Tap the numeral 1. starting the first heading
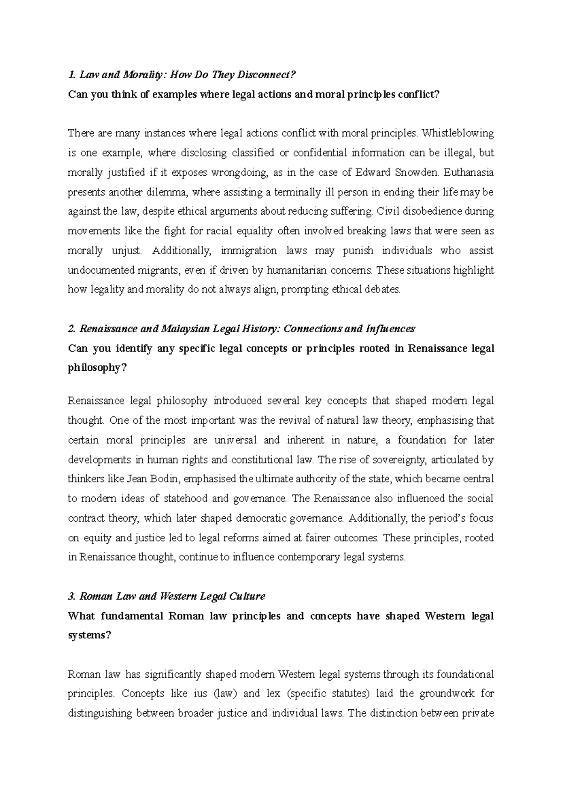pos(71,75)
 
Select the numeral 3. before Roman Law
pos(72,597)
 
